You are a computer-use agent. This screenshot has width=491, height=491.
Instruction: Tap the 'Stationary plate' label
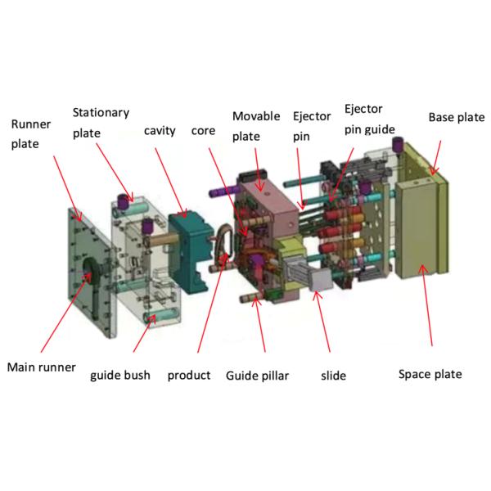[x=101, y=121]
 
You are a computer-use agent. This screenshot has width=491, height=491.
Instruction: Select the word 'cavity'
[x=160, y=131]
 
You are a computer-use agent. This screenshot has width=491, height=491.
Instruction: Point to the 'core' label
[x=203, y=131]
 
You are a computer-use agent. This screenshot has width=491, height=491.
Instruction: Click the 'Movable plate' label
[x=255, y=126]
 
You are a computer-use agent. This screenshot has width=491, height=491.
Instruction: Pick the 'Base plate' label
[x=457, y=117]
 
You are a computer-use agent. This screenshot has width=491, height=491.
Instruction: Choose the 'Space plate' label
[x=430, y=374]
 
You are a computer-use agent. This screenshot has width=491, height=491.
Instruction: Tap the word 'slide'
[x=333, y=376]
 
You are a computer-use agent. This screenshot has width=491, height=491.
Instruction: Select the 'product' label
[x=189, y=376]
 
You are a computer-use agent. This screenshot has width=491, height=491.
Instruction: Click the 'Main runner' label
[x=41, y=367]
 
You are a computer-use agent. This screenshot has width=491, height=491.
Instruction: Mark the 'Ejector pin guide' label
[x=369, y=119]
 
